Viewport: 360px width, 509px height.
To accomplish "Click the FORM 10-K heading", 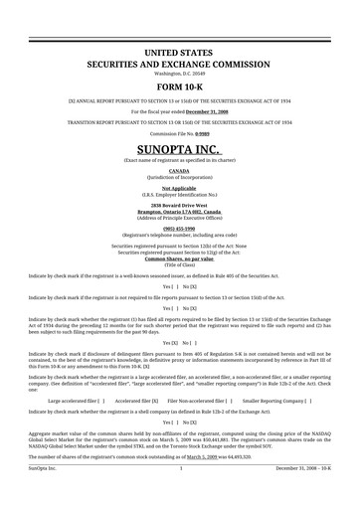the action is pos(180,88).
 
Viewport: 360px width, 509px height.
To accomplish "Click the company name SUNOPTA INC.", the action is pos(180,146).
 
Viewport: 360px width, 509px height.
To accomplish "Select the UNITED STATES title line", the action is pos(180,50).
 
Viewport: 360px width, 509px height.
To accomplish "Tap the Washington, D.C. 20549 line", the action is pos(180,74).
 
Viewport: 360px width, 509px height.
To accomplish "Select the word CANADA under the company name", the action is pos(180,169).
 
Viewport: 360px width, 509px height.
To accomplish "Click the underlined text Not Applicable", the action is pos(180,186).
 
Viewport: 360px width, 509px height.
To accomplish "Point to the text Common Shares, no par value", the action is pos(180,259).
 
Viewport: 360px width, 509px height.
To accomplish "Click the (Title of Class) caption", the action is pos(180,265).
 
